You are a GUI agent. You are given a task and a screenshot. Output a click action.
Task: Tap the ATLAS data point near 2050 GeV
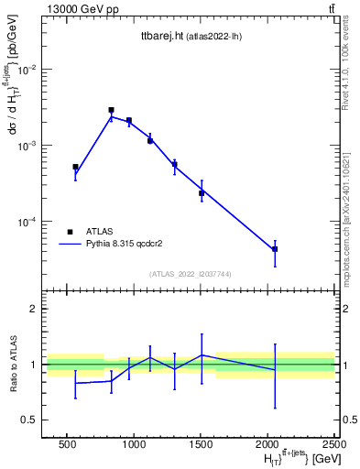point(275,249)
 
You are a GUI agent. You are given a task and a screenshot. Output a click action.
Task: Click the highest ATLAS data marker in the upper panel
point(111,110)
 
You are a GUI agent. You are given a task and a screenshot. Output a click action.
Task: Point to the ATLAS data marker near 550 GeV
point(75,167)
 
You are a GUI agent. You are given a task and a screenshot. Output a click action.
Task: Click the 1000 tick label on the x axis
point(134,444)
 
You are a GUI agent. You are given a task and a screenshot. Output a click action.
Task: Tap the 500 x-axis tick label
point(67,444)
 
